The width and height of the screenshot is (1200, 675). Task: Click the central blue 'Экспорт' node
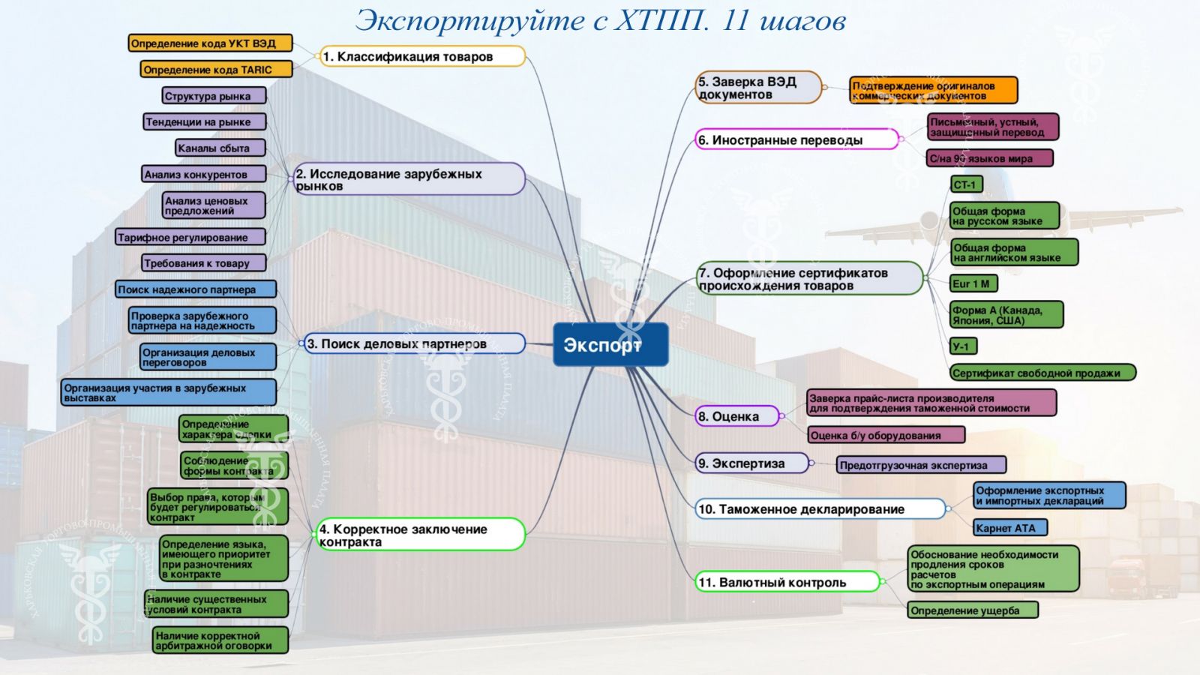pos(610,344)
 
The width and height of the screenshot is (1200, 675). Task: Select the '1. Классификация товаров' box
pos(422,56)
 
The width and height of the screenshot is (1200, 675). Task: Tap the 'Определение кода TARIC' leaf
pos(216,70)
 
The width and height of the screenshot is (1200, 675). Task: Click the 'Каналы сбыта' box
pos(220,148)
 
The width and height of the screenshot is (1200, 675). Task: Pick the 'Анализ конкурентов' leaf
pos(203,174)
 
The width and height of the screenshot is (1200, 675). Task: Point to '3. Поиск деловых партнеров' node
pos(415,343)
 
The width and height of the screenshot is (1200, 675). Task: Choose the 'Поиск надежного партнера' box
pos(195,289)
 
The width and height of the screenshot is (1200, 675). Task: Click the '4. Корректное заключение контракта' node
pos(420,535)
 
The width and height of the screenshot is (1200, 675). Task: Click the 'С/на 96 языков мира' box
pos(989,158)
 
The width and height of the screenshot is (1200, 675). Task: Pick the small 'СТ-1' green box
pos(966,184)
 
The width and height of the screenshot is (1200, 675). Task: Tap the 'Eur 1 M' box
pos(973,283)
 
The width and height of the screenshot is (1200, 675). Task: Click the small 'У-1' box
pos(963,346)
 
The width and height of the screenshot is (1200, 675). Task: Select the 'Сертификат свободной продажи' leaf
pos(1042,373)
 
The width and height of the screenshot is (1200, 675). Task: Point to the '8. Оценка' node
pos(737,416)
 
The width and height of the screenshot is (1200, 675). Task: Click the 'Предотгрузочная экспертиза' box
pos(920,465)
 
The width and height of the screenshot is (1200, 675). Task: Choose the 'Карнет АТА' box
pos(1009,528)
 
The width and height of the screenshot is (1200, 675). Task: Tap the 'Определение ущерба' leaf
pos(972,610)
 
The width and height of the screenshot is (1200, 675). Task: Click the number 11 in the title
pos(735,20)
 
